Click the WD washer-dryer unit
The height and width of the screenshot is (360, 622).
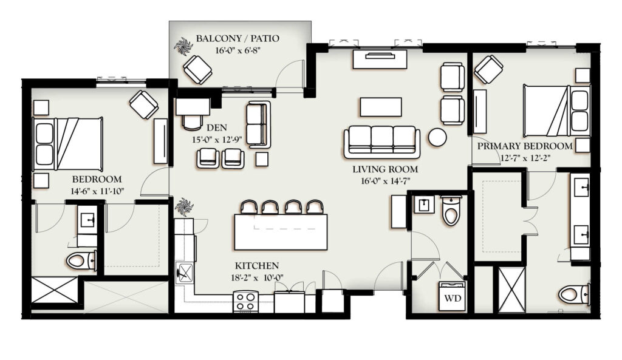point(452,296)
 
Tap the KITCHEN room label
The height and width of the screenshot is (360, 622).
point(257,266)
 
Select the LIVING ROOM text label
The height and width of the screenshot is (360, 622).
point(385,169)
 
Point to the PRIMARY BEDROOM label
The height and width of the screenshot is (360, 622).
point(525,146)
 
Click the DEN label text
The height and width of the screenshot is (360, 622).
point(217,127)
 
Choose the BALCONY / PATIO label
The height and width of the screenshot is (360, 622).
point(238,38)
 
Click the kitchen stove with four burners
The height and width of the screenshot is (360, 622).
point(246,301)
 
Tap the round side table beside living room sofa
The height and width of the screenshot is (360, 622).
point(437,137)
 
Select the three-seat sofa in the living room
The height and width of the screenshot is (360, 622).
point(382,141)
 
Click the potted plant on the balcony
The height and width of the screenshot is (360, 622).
point(183,46)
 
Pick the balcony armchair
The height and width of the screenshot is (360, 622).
point(197,69)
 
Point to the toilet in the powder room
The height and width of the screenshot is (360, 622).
point(451,210)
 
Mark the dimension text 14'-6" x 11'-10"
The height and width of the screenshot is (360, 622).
point(98,191)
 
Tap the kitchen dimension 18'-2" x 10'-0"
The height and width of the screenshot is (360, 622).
point(257,277)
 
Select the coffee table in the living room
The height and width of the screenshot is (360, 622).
point(381,107)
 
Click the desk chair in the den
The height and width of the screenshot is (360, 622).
point(192,123)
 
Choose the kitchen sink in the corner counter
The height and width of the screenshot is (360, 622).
point(185,273)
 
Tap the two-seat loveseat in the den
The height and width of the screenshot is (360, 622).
point(259,124)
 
